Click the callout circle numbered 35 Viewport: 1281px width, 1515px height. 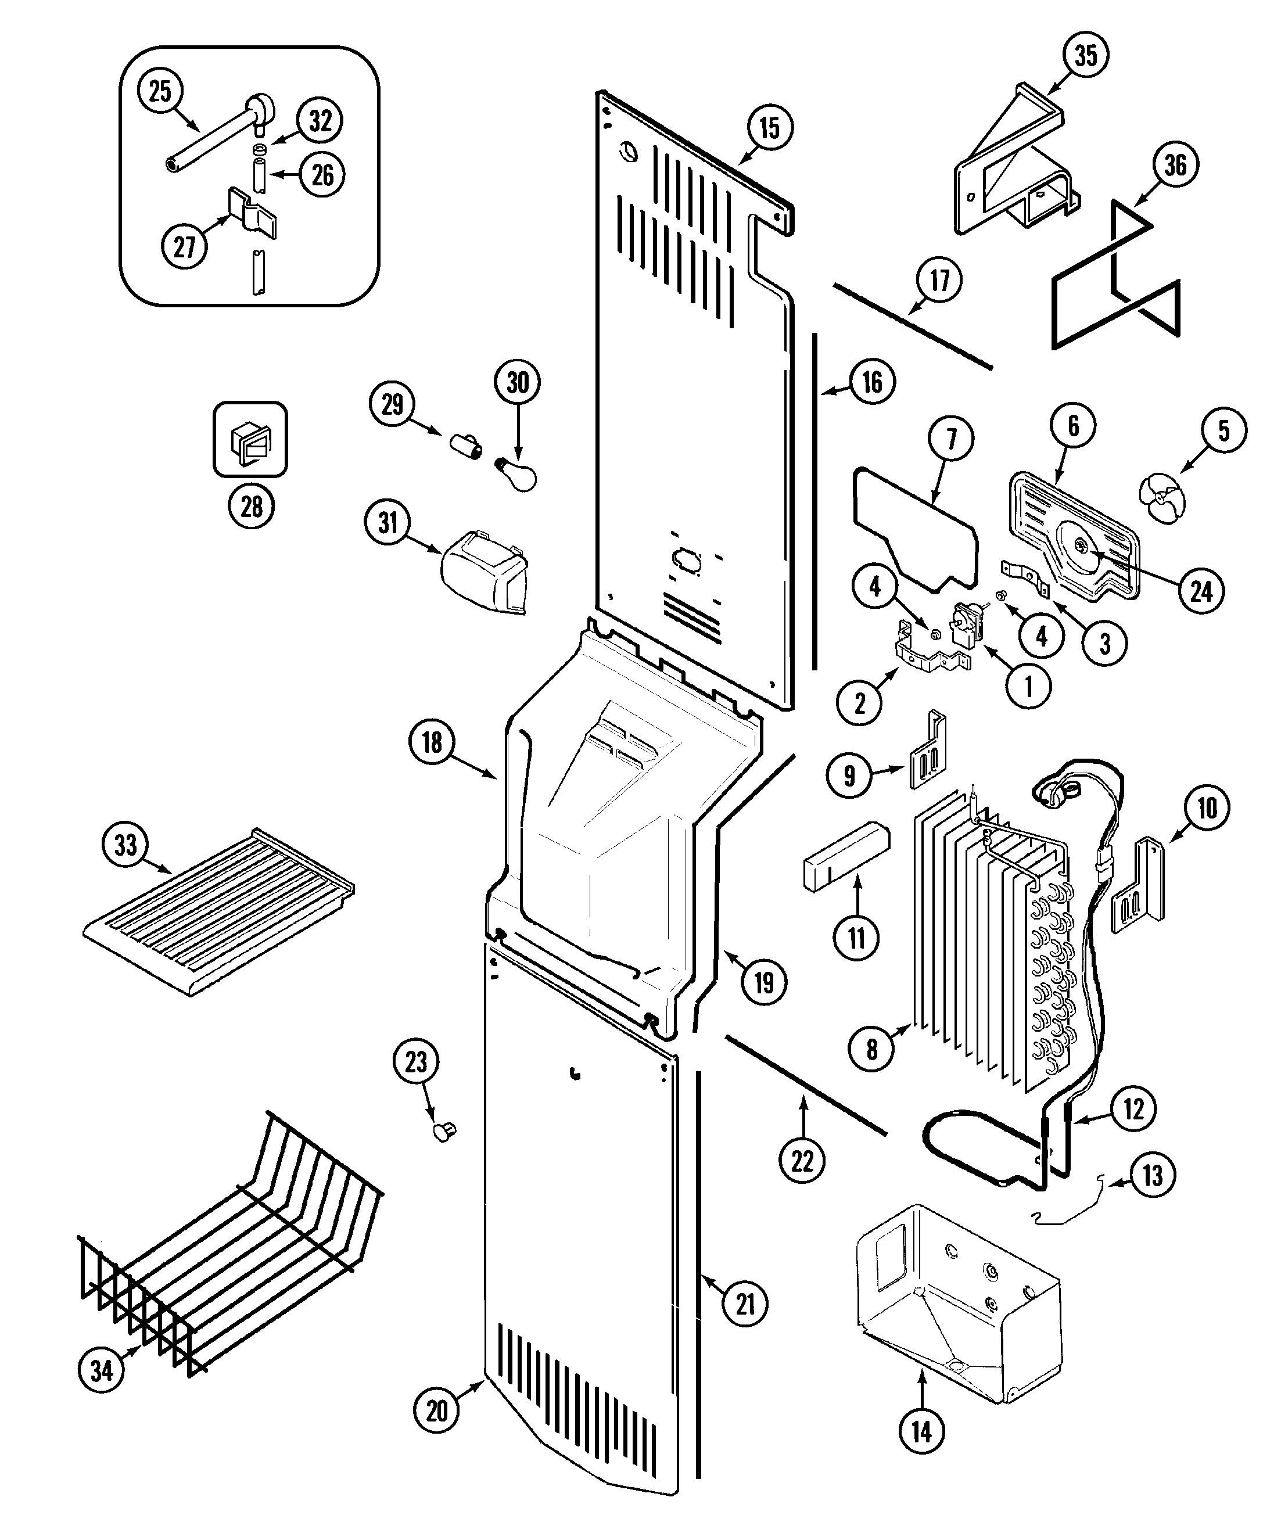pyautogui.click(x=1086, y=55)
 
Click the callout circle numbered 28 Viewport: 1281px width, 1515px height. pyautogui.click(x=251, y=505)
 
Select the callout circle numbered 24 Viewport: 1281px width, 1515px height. pyautogui.click(x=1201, y=592)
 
